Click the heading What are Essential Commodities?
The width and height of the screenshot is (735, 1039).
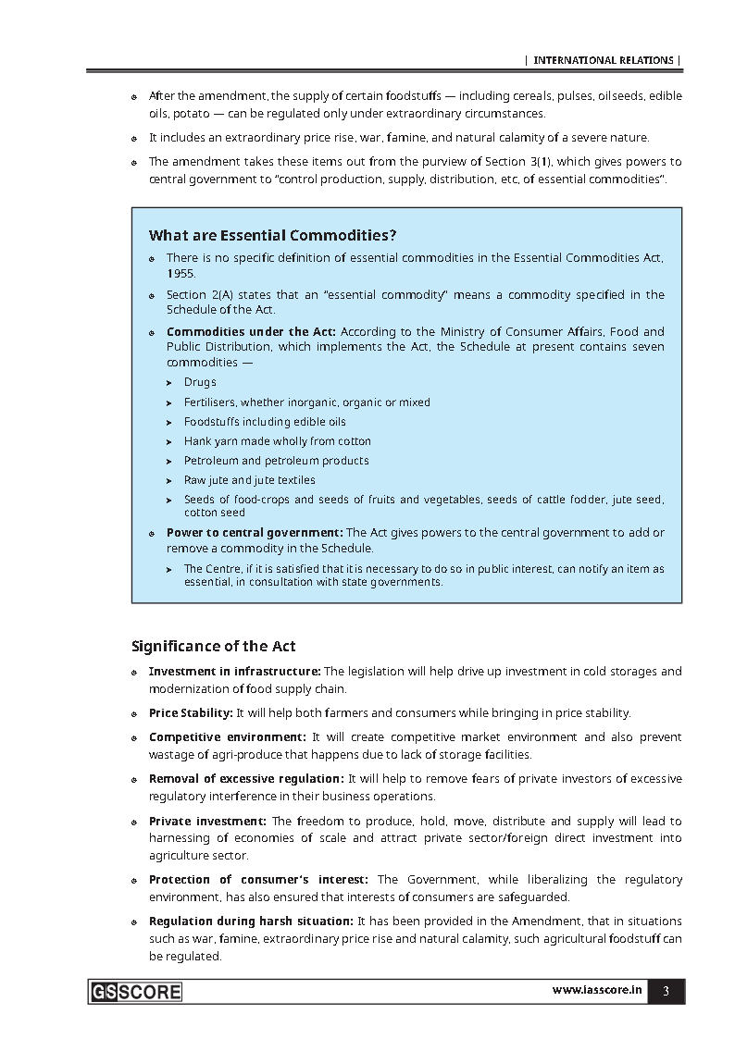tap(272, 235)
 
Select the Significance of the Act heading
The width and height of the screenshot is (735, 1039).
tap(213, 646)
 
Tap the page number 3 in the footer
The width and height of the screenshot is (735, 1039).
tap(666, 991)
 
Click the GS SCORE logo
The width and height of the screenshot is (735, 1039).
tap(136, 992)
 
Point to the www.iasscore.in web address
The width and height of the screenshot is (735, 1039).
tap(597, 990)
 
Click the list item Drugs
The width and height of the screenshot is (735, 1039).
tap(200, 382)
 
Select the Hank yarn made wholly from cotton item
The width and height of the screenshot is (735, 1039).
tap(277, 441)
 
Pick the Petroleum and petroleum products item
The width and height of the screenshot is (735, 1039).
tap(276, 461)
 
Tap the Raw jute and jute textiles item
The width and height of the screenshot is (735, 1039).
tap(249, 480)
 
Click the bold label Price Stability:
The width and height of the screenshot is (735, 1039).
tap(191, 713)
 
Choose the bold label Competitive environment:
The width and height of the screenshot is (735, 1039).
tap(227, 737)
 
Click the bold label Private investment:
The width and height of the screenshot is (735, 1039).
tap(207, 821)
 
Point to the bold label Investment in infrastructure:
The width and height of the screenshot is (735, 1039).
tap(234, 671)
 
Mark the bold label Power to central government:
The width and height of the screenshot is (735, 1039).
tap(255, 533)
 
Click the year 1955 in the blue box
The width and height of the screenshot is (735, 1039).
tap(181, 274)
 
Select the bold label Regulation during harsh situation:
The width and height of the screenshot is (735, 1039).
tap(251, 921)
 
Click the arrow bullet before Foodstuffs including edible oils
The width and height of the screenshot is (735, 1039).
tap(169, 422)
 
